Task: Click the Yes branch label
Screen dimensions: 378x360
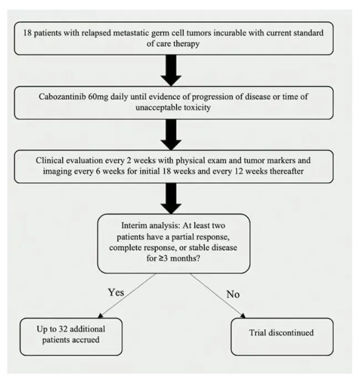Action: coord(116,292)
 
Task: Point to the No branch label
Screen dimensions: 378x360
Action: coord(233,294)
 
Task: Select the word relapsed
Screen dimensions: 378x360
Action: coord(76,33)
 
